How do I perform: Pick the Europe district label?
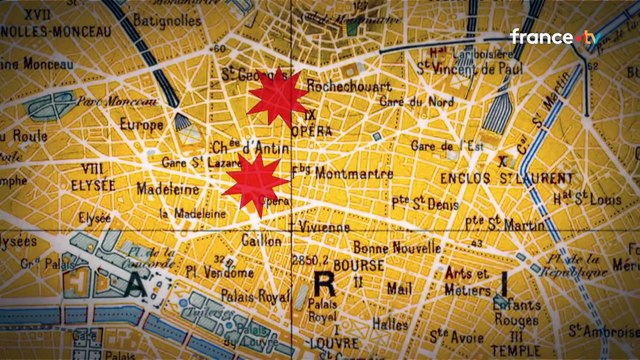coord(140,125)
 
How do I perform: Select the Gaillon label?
coord(257,240)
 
